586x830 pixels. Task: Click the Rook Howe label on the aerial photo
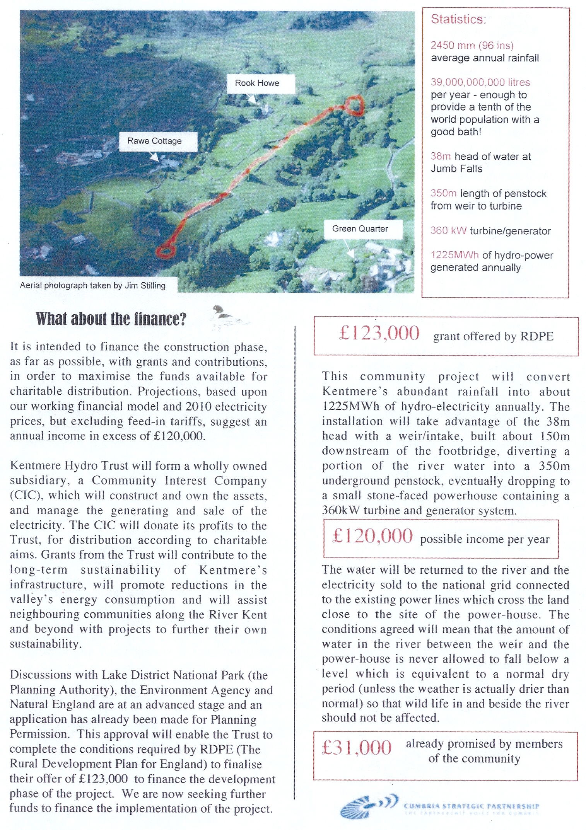click(257, 83)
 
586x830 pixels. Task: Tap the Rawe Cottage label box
click(155, 141)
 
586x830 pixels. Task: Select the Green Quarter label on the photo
click(360, 229)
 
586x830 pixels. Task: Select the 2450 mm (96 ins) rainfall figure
click(472, 45)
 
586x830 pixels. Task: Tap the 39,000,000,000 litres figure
click(480, 82)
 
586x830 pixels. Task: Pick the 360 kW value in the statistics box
click(449, 231)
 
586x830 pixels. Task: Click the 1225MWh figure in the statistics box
click(454, 255)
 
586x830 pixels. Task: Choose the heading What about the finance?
click(111, 319)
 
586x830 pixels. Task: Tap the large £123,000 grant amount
click(379, 333)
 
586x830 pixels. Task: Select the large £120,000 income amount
click(372, 537)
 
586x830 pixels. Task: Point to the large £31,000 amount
click(357, 748)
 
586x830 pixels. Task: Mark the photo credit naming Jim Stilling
click(93, 286)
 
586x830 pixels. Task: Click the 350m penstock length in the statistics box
click(444, 193)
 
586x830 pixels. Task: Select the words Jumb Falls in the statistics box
click(456, 169)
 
